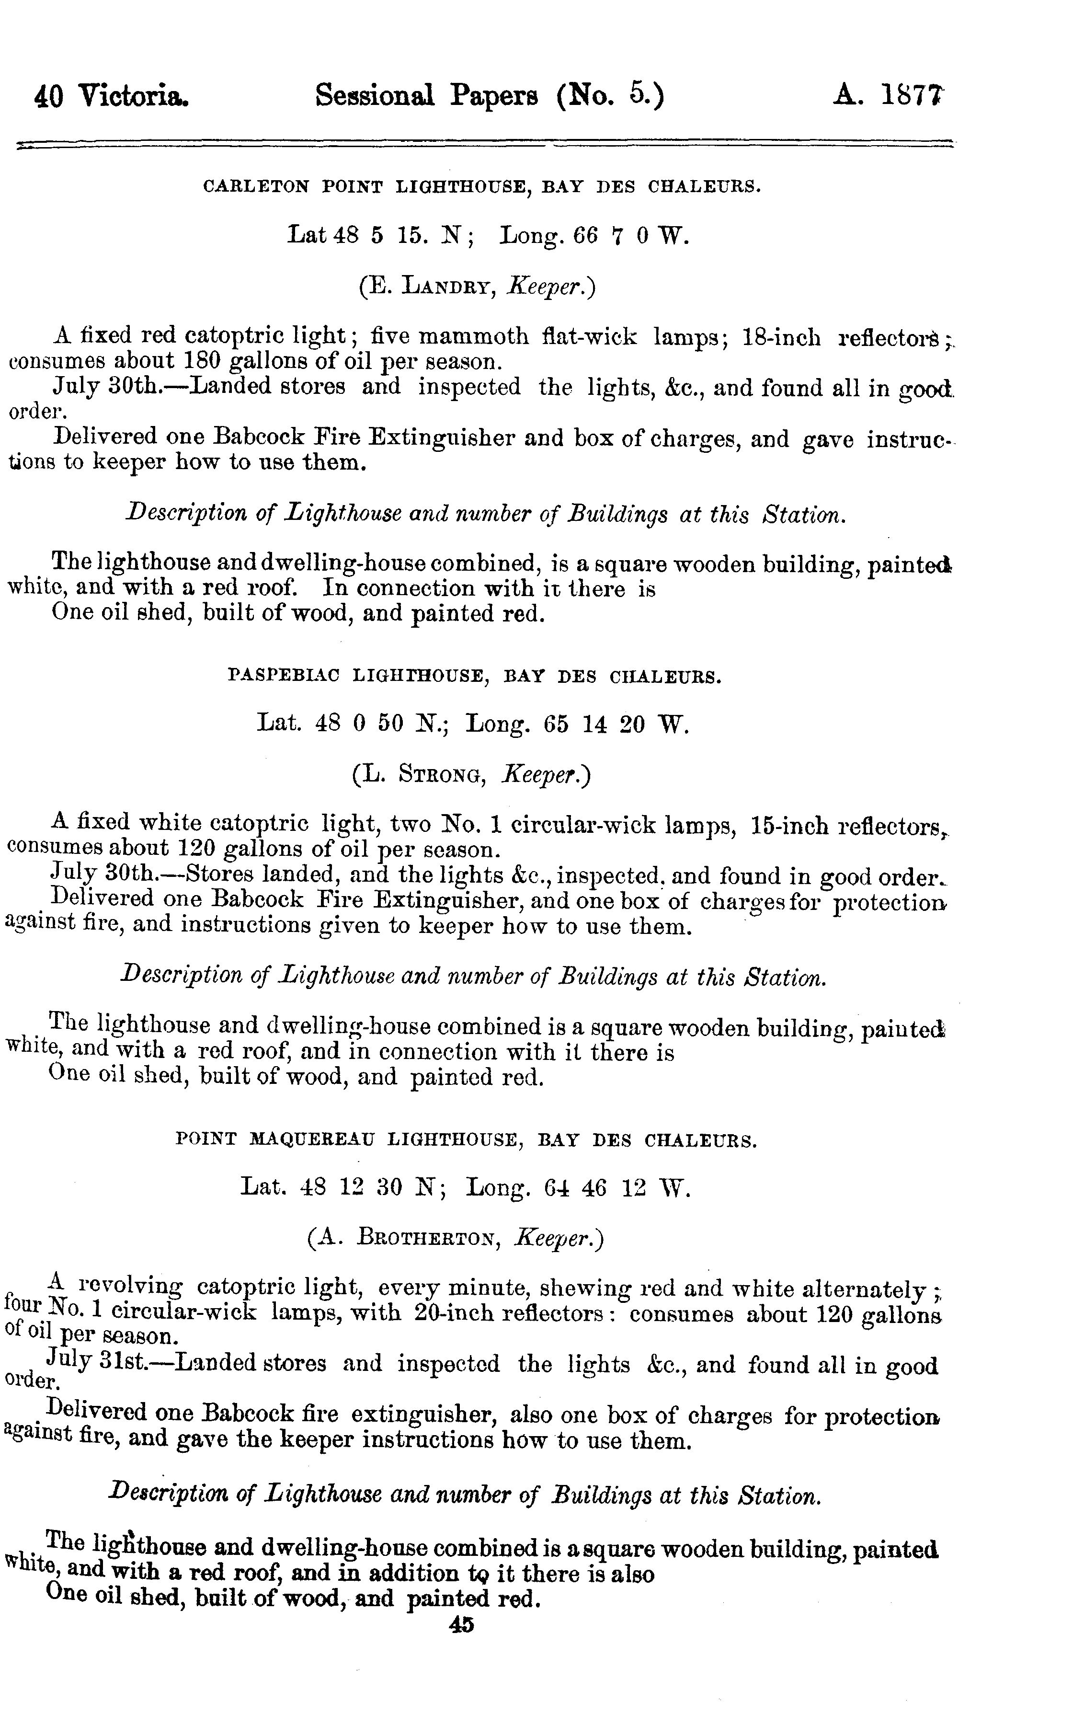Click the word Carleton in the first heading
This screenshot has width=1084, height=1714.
point(256,187)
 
